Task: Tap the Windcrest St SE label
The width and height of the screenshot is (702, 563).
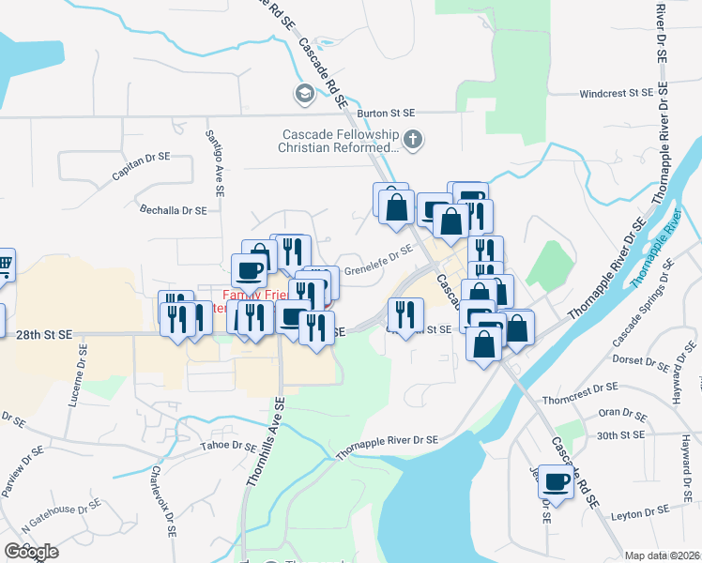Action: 616,93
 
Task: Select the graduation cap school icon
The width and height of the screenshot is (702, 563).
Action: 304,93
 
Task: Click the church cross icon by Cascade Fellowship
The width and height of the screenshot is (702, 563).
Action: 413,142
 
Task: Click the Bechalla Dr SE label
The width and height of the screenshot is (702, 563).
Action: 172,210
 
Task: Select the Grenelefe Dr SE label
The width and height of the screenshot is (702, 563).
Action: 378,261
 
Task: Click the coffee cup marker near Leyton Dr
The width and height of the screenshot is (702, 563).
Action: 556,482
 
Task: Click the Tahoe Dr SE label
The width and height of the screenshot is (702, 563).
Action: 228,446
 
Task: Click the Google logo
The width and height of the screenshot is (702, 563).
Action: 32,552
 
